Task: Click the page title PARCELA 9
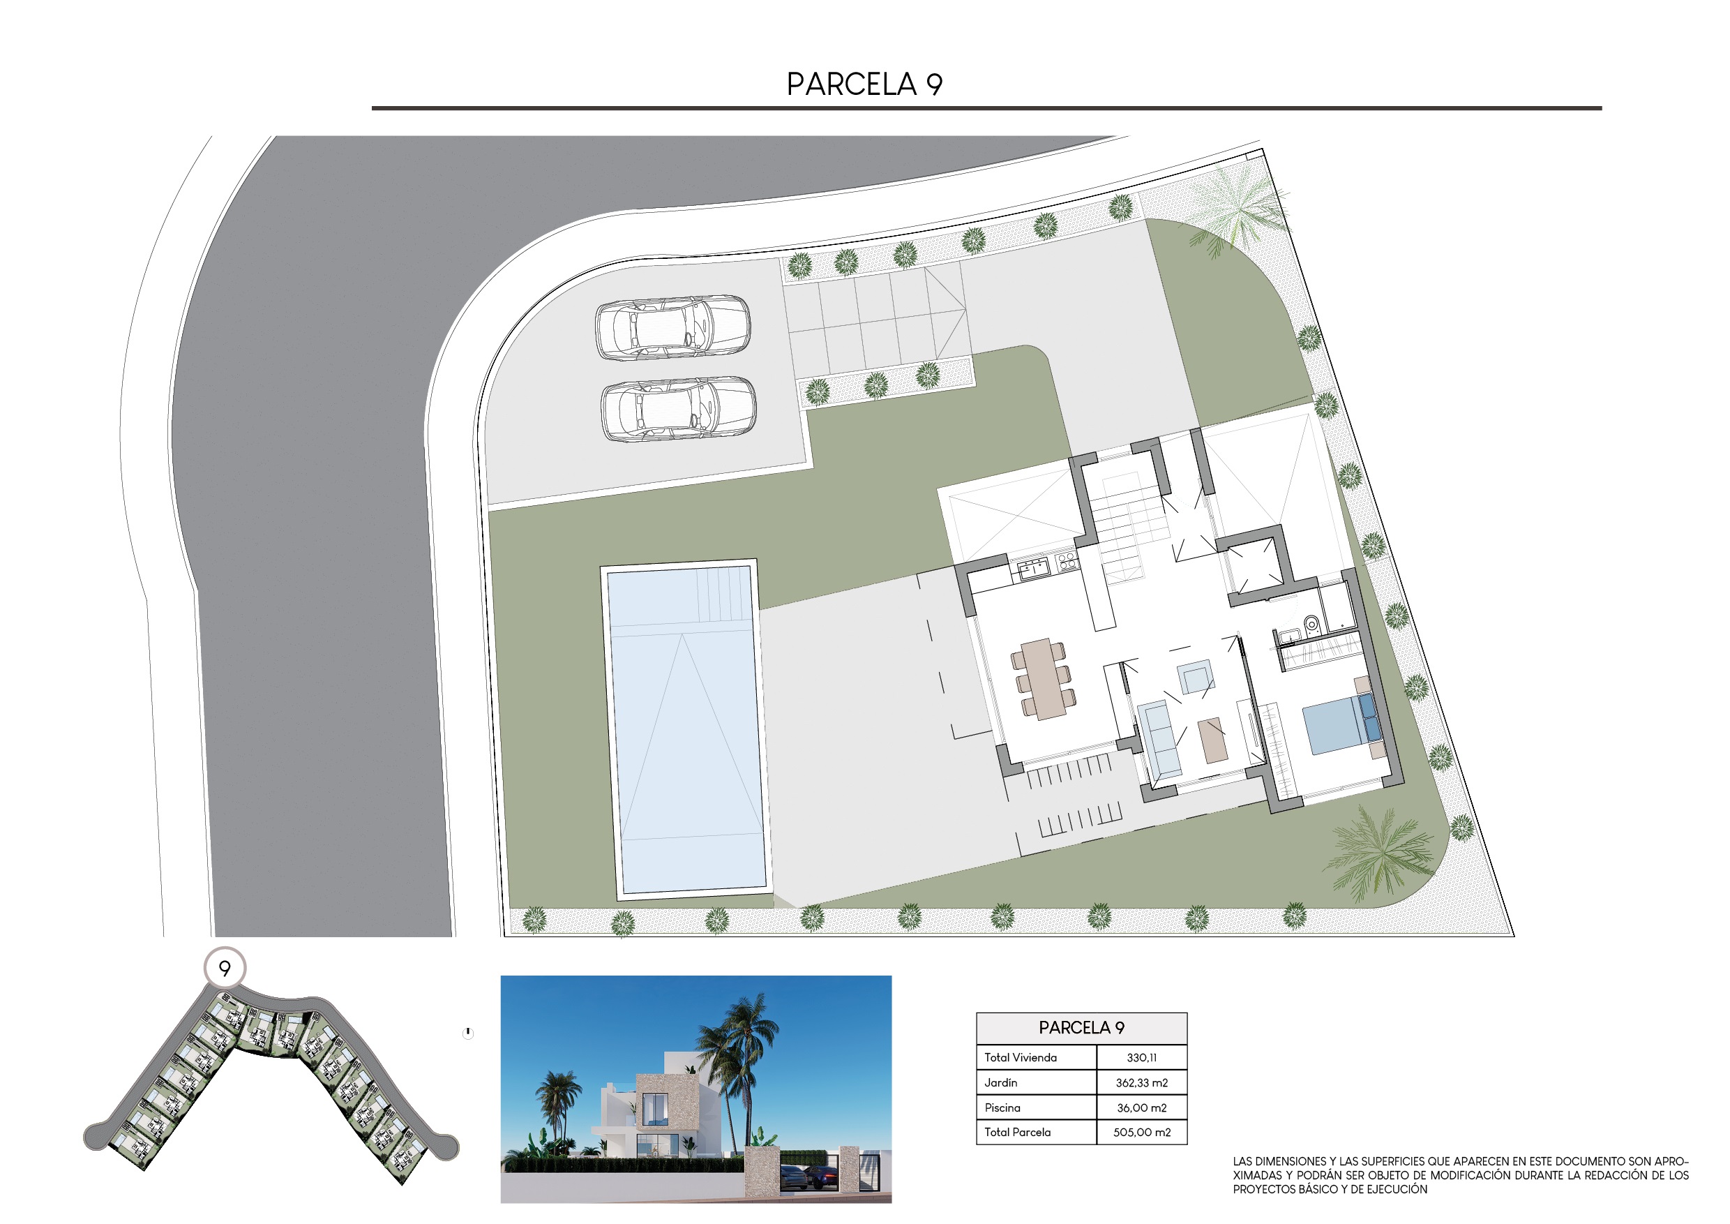pyautogui.click(x=864, y=84)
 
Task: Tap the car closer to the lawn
pyautogui.click(x=678, y=409)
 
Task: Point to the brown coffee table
pyautogui.click(x=1212, y=740)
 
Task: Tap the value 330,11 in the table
pyautogui.click(x=1141, y=1057)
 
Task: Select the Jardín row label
pyautogui.click(x=1000, y=1083)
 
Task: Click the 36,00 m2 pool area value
pyautogui.click(x=1141, y=1108)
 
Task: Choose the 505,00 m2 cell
pyautogui.click(x=1141, y=1132)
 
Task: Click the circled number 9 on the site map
pyautogui.click(x=225, y=968)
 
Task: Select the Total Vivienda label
pyautogui.click(x=1021, y=1057)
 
